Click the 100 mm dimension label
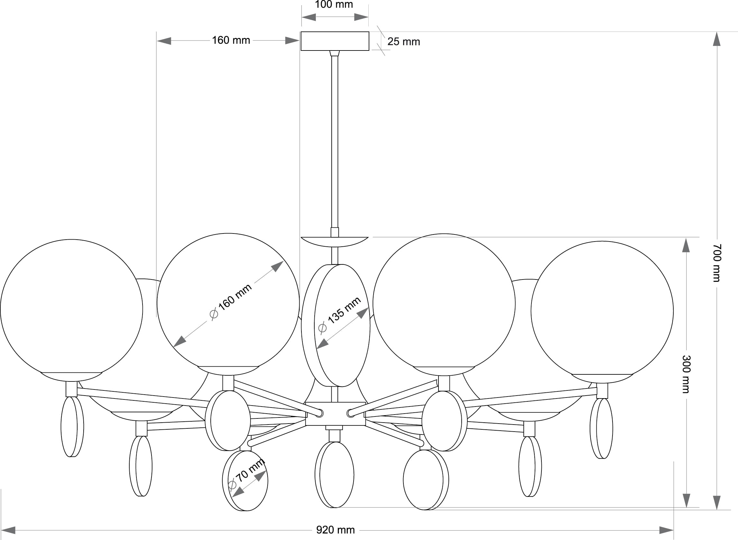pyautogui.click(x=334, y=5)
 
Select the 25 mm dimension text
pyautogui.click(x=403, y=42)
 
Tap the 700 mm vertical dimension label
pyautogui.click(x=716, y=263)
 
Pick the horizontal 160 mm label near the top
pyautogui.click(x=231, y=41)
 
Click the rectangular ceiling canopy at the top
pyautogui.click(x=335, y=41)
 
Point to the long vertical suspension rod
pyautogui.click(x=335, y=141)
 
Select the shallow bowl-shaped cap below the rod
pyautogui.click(x=335, y=242)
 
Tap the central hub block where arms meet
pyautogui.click(x=335, y=414)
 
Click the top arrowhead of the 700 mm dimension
pyautogui.click(x=716, y=39)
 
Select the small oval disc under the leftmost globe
pyautogui.click(x=72, y=426)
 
